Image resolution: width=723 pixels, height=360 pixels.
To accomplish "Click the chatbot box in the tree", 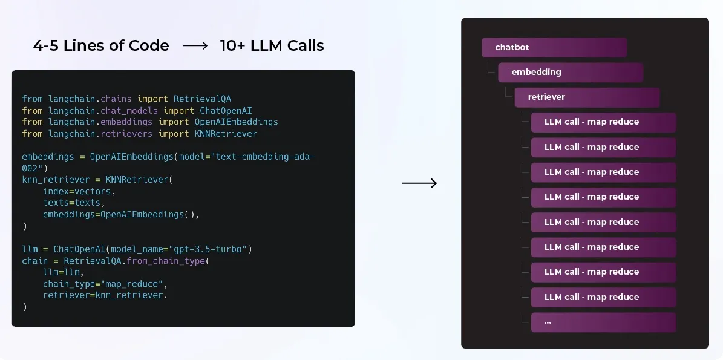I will pos(554,47).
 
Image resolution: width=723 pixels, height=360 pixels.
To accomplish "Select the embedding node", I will pos(570,72).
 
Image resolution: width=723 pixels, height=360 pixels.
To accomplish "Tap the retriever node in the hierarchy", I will pos(586,97).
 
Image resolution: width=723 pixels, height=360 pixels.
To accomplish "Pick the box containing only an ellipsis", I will pos(603,322).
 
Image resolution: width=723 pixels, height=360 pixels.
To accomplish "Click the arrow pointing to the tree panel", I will pos(419,183).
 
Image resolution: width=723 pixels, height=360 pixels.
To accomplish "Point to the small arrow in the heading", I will pos(195,46).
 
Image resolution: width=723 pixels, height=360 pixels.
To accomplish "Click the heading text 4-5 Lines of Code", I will pos(101,46).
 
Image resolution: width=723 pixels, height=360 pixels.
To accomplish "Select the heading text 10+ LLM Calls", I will pos(272,46).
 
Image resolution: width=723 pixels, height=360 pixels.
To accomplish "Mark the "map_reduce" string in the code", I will pos(134,284).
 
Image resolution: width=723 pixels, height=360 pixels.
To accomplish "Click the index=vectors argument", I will pos(79,191).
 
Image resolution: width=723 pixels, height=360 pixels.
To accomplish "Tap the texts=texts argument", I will pos(74,203).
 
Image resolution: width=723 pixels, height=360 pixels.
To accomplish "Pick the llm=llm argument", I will pos(63,272).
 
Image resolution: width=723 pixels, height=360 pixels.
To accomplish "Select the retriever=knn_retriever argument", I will pos(104,295).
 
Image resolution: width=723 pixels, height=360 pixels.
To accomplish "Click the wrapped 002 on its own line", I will pos(32,168).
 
